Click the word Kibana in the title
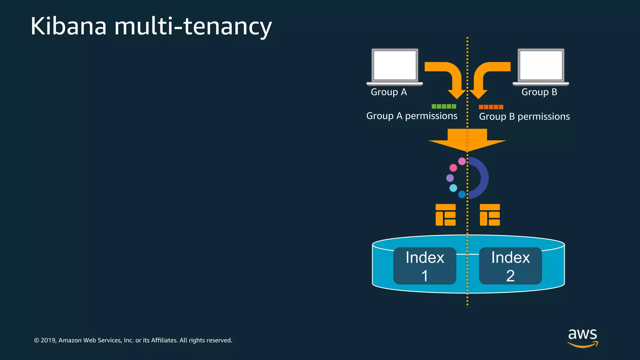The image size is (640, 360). (69, 26)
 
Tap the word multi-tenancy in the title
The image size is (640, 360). (193, 27)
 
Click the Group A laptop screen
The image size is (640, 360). (395, 65)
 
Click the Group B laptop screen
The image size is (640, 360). (541, 65)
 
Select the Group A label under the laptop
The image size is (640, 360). (389, 92)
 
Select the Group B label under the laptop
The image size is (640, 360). (539, 92)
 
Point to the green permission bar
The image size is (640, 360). (444, 107)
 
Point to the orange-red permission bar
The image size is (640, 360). (491, 107)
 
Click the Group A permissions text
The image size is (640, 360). (412, 116)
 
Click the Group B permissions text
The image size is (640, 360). (524, 117)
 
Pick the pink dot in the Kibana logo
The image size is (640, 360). (453, 168)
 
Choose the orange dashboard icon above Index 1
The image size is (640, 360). (446, 215)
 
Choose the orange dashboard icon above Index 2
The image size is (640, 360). (490, 215)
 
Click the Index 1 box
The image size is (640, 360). (425, 266)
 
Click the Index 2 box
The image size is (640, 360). (510, 266)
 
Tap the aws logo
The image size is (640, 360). (582, 337)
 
